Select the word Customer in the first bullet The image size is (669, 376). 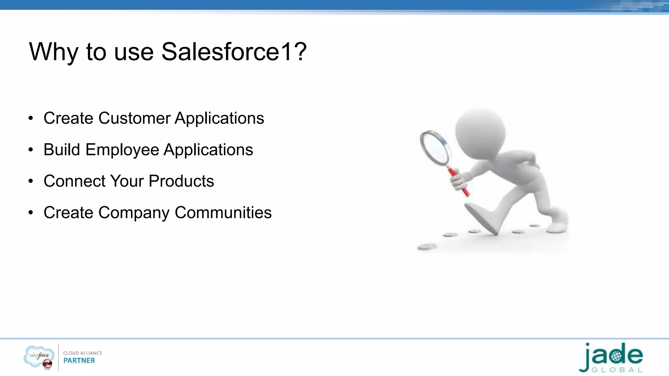tap(134, 118)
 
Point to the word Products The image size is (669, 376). tap(181, 181)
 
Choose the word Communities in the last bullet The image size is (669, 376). tap(223, 212)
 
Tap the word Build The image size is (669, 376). tap(62, 150)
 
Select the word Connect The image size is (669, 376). tap(75, 181)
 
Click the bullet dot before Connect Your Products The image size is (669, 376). tap(31, 181)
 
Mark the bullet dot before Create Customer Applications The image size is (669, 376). tap(31, 118)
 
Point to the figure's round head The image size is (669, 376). tap(480, 132)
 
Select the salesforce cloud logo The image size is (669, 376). tap(39, 356)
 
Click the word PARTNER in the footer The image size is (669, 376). tap(79, 361)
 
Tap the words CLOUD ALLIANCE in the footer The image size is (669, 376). tap(82, 353)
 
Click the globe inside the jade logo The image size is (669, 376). tap(615, 356)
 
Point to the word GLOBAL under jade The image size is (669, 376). tap(617, 370)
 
